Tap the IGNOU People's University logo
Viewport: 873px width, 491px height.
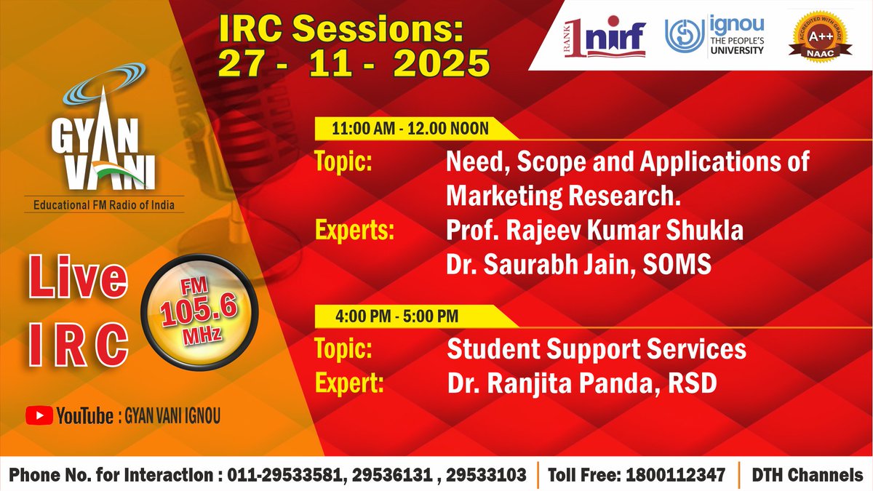714,36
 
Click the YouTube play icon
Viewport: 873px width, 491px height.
38,416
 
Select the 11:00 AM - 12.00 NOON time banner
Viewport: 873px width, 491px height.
410,129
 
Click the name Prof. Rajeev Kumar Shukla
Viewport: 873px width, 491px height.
595,231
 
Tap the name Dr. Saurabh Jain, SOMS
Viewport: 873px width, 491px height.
579,266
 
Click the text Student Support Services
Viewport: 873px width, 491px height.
596,349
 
